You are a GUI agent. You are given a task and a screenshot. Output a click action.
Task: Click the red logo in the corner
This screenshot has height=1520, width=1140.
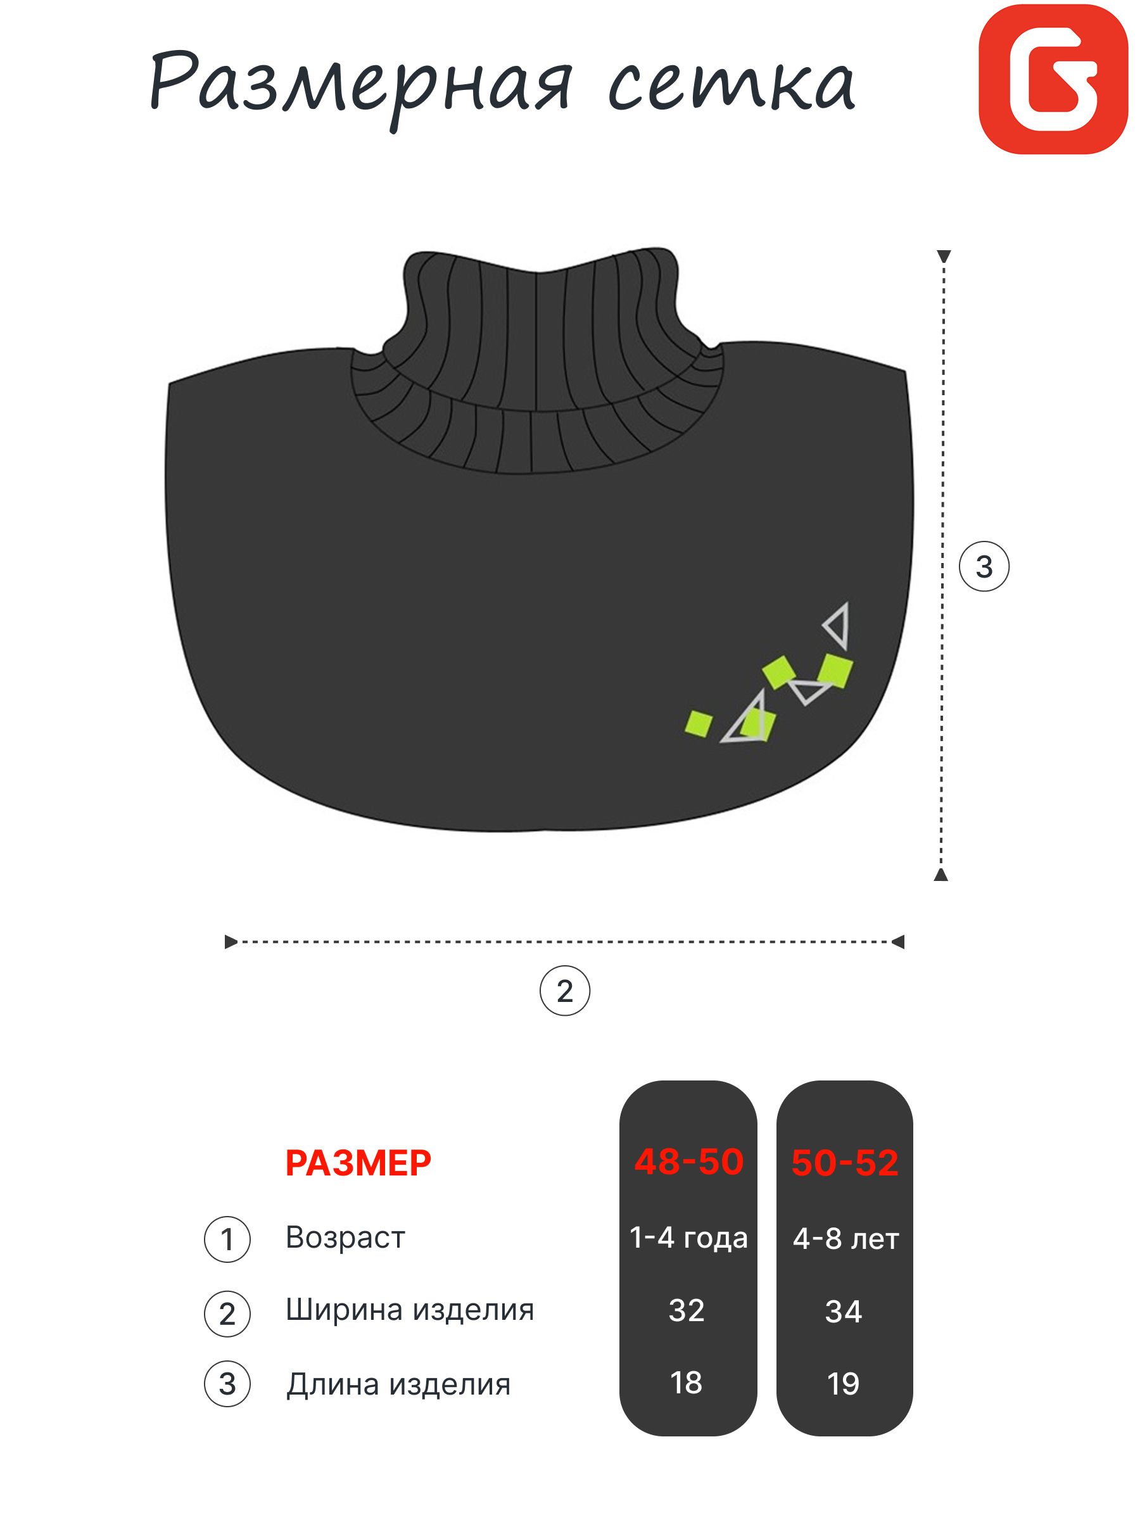point(1052,79)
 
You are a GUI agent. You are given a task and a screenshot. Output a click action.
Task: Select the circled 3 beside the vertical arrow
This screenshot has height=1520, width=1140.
point(984,567)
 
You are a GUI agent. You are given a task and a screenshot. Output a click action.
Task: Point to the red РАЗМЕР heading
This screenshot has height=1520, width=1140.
point(358,1163)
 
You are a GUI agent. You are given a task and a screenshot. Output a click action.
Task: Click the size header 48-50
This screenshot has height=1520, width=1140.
point(688,1162)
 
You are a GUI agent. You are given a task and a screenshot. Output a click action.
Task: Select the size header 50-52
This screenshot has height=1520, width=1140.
point(844,1163)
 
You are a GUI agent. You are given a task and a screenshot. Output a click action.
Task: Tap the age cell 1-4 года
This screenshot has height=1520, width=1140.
point(688,1238)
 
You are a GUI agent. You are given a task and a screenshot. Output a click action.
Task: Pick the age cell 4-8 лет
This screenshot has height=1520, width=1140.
point(845,1239)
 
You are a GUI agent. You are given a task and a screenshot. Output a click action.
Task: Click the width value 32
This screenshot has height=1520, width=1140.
point(687,1310)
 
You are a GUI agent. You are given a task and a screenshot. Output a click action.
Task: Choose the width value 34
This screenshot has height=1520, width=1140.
point(843,1312)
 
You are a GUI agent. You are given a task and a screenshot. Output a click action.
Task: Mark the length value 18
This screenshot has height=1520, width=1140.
point(686,1383)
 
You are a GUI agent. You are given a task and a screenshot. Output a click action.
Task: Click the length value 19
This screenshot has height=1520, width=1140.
point(842,1384)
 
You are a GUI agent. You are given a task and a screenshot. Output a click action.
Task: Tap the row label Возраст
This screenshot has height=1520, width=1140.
point(345,1238)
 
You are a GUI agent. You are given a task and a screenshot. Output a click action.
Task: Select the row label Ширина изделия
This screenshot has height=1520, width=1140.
point(410,1310)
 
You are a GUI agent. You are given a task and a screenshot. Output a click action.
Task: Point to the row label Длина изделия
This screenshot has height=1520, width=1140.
point(398,1384)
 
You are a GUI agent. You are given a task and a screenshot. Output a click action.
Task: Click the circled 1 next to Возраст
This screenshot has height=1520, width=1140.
point(227,1239)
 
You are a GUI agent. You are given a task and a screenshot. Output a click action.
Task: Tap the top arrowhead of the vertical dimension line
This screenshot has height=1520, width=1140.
point(944,256)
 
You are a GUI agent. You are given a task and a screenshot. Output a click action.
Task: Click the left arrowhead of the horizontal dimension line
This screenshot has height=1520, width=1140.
point(230,941)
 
